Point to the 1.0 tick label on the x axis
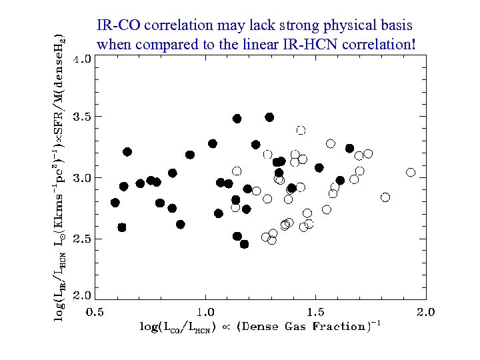205,312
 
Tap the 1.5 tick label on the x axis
315,312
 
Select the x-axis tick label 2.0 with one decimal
425,312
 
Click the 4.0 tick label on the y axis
83,59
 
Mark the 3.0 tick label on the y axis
83,178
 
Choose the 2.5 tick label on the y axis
83,239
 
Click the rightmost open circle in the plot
411,173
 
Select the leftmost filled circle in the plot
115,203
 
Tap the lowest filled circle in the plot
244,244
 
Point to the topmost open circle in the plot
301,130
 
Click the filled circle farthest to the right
349,148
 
